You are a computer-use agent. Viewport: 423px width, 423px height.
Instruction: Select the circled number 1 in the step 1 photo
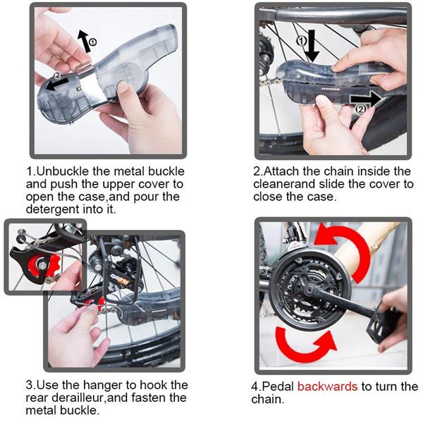[92, 42]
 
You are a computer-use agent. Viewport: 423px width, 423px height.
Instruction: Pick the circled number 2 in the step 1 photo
[57, 75]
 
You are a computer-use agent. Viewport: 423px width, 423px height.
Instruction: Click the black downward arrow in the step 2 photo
[312, 46]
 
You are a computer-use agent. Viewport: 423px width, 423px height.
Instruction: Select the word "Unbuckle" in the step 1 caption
[63, 171]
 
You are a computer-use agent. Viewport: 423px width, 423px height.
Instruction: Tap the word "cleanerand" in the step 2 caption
[284, 184]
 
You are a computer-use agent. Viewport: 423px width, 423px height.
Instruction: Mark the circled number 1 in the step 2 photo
[301, 41]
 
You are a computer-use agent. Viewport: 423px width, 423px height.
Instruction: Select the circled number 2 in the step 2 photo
[361, 109]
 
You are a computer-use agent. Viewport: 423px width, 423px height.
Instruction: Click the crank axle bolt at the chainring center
[308, 290]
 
